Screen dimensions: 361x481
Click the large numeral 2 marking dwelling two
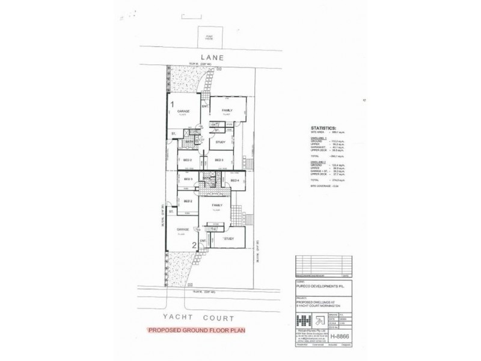(194, 245)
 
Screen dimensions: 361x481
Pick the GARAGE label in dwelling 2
(183, 229)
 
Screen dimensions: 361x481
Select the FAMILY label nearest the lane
(227, 111)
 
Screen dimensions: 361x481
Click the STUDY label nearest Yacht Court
(228, 239)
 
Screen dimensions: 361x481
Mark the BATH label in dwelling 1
(189, 142)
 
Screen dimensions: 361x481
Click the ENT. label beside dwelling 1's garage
(204, 107)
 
